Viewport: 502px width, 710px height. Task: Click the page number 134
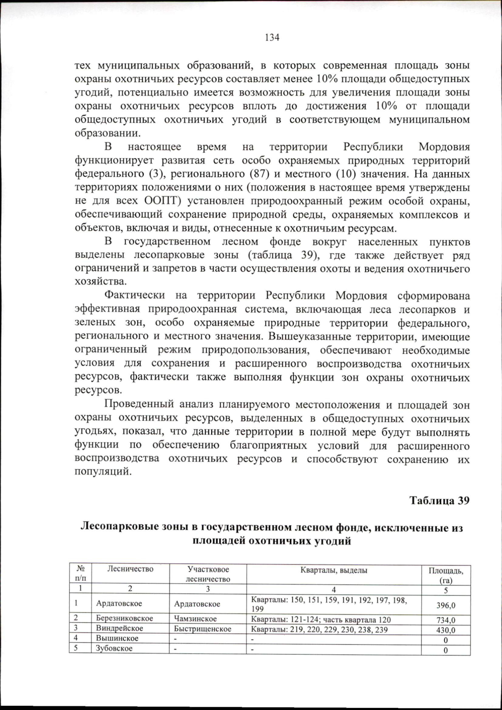(272, 38)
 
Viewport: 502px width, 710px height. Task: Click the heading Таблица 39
(439, 501)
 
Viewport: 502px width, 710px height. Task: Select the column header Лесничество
(130, 569)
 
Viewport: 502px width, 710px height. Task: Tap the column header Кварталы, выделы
(333, 570)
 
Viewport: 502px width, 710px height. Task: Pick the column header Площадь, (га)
(446, 575)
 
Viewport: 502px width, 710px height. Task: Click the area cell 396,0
(446, 605)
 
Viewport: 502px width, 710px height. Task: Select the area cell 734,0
(446, 620)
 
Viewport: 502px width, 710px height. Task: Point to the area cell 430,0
(446, 630)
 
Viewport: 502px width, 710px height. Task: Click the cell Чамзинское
(195, 619)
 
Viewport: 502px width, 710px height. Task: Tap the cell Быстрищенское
(202, 629)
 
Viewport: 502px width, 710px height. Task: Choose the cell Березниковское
(124, 618)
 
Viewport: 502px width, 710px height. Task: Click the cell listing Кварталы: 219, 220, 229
(319, 630)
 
